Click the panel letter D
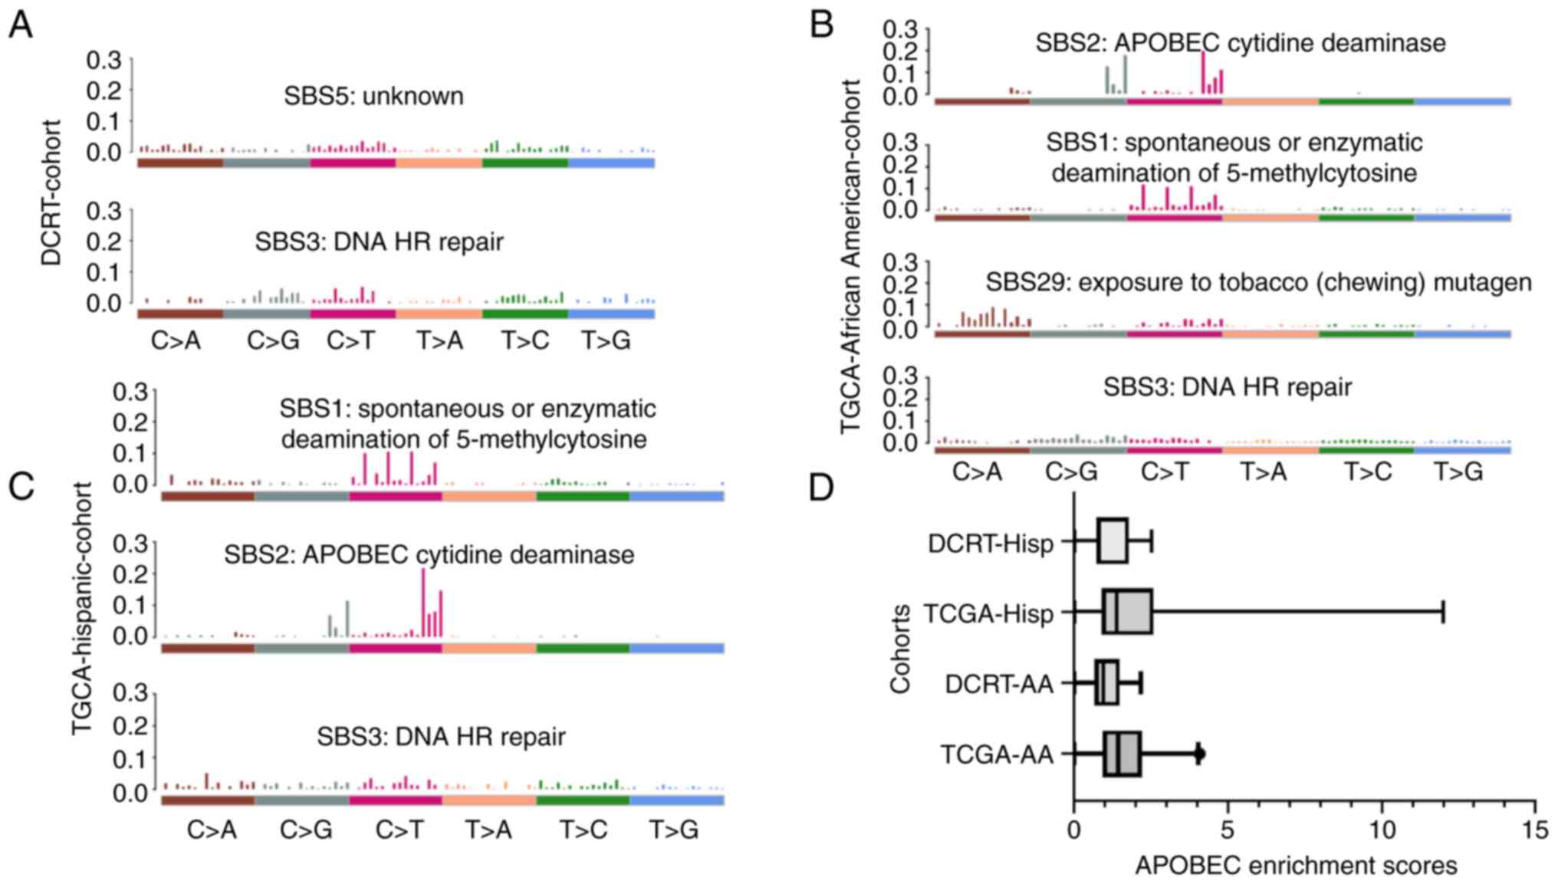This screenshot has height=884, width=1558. [x=821, y=488]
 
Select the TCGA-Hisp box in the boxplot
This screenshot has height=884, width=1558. [x=1127, y=612]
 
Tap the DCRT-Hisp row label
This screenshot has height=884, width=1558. [x=991, y=544]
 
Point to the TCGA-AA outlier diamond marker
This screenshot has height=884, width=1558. [x=1200, y=754]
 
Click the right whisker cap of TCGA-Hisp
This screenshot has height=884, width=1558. [x=1444, y=612]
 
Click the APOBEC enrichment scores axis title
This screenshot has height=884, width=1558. [x=1296, y=866]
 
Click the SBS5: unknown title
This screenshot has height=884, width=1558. [x=373, y=96]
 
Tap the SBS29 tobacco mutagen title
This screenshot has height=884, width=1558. [x=1258, y=282]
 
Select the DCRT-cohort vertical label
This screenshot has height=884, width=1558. [x=51, y=192]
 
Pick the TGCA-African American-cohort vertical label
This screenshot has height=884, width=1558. [x=851, y=256]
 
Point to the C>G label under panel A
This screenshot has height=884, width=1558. [x=273, y=340]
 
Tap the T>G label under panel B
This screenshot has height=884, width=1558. [x=1458, y=472]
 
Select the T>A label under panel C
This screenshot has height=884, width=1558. [x=488, y=830]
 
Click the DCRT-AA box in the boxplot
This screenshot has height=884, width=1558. [x=1106, y=682]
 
